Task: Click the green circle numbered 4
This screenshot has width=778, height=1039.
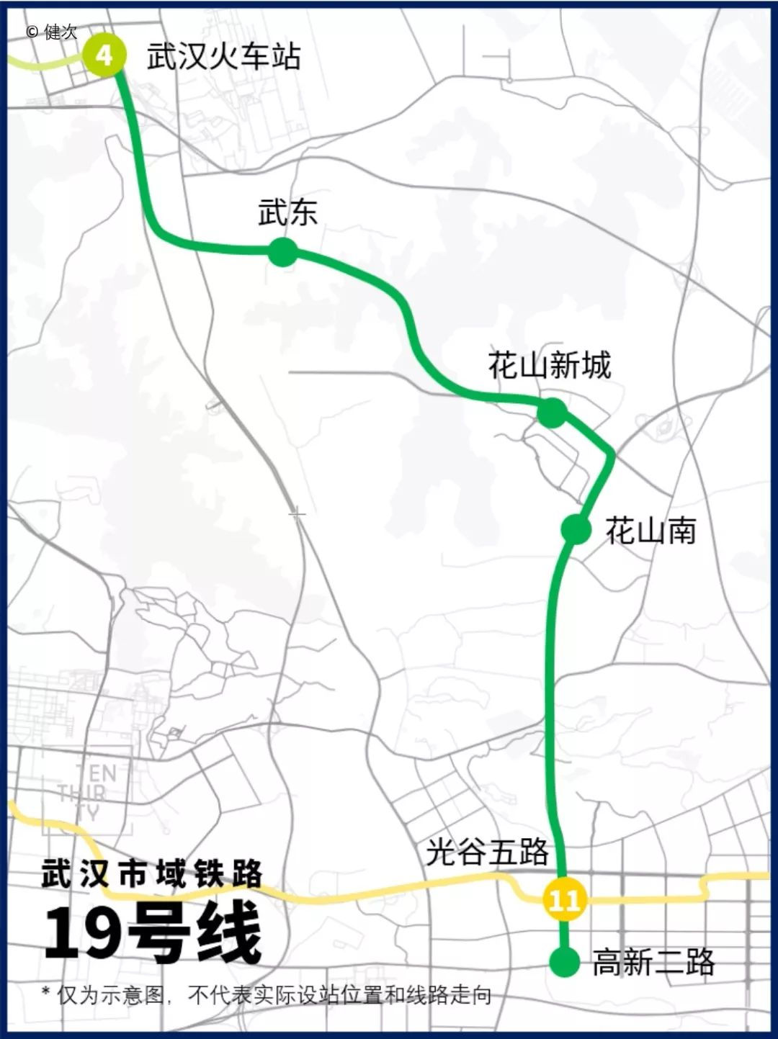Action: click(104, 55)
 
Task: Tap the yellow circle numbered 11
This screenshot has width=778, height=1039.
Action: click(564, 899)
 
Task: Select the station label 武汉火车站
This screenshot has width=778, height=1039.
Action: click(223, 56)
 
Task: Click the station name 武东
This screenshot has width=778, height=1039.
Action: click(287, 212)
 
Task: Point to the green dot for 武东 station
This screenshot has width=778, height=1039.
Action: click(283, 252)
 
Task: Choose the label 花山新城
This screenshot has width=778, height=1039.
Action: click(549, 365)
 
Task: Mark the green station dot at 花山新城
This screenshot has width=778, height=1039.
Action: click(552, 413)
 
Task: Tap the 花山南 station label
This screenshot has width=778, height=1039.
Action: click(650, 531)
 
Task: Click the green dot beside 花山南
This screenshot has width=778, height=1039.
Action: click(576, 529)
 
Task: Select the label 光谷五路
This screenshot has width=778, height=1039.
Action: click(487, 853)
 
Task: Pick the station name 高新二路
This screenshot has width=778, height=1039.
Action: click(653, 962)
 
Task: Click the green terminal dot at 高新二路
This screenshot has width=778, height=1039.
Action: click(565, 962)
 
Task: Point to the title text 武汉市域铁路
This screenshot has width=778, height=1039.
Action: click(152, 874)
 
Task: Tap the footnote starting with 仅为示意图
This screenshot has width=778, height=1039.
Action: click(274, 996)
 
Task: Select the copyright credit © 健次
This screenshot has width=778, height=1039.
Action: click(51, 32)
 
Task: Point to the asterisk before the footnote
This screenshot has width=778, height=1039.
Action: click(46, 993)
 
